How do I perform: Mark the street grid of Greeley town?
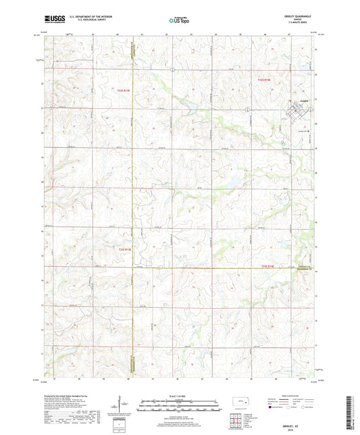pos(298,110)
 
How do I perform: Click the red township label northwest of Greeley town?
pos(264,81)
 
